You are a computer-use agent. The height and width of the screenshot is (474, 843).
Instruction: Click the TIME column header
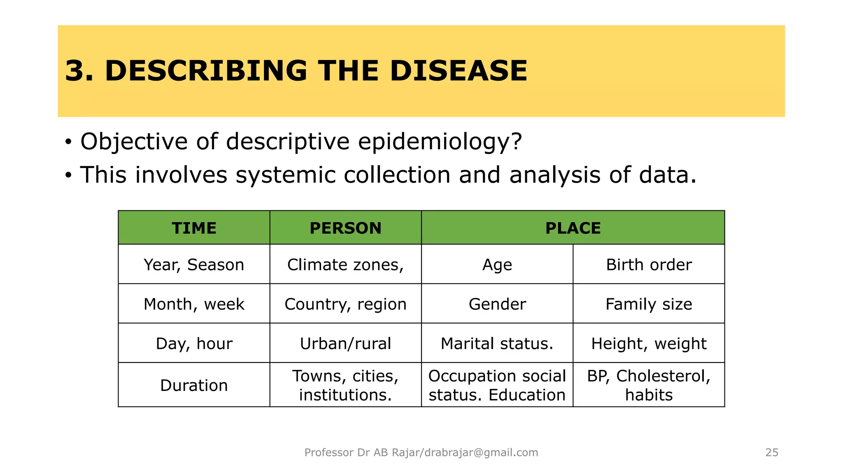(x=194, y=228)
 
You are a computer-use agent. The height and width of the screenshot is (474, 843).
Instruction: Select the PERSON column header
(x=345, y=228)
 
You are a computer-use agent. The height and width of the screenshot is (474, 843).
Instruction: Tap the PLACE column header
(x=573, y=228)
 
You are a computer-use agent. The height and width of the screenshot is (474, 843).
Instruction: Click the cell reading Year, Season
(x=194, y=265)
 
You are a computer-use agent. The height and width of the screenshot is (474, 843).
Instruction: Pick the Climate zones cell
(x=345, y=265)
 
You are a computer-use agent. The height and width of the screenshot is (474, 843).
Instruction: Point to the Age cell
(x=497, y=265)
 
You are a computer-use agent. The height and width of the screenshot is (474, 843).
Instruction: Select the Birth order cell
(x=649, y=265)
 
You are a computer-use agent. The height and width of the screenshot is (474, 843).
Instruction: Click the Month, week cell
(x=194, y=304)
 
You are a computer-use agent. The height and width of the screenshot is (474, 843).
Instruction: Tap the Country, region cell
(x=345, y=304)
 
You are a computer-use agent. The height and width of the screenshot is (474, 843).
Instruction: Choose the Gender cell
(x=497, y=304)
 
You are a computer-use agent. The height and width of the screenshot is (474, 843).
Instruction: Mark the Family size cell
(x=649, y=304)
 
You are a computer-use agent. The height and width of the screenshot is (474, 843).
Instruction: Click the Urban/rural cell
(x=345, y=344)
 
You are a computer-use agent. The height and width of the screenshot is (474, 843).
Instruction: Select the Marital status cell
(x=497, y=344)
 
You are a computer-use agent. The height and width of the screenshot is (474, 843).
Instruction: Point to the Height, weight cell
(x=649, y=344)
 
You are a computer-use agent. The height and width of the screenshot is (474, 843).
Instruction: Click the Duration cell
(x=194, y=386)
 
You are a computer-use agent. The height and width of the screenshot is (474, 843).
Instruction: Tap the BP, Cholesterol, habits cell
(x=649, y=386)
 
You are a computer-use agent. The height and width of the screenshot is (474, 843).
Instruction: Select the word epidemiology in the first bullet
(x=440, y=142)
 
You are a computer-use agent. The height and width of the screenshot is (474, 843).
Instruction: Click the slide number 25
(x=771, y=453)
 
